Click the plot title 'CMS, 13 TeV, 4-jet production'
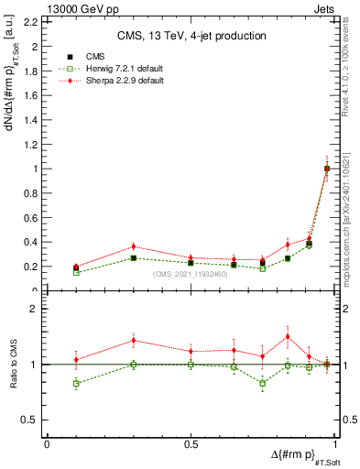(x=191, y=36)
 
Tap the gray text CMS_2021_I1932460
(x=191, y=274)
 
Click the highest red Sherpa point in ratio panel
(x=288, y=336)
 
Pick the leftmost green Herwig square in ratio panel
(x=76, y=383)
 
